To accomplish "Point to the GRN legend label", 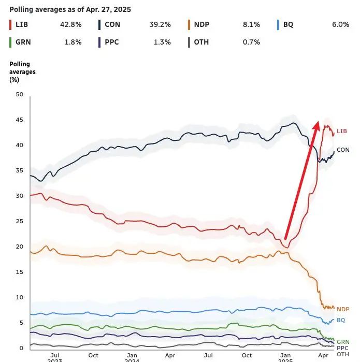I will coord(23,42).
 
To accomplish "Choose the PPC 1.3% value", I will coord(161,42).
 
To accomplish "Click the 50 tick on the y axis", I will coord(20,94).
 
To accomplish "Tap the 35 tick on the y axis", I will coord(20,170).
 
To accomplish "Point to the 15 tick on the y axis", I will coord(20,272).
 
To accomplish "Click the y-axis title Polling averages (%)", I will coord(22,72).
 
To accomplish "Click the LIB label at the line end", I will coord(342,132).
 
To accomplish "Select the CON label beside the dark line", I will coord(343,150).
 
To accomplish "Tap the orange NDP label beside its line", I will coord(343,309).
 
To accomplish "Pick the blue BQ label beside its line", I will coord(341,321).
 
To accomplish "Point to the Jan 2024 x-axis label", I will coord(132,358).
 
